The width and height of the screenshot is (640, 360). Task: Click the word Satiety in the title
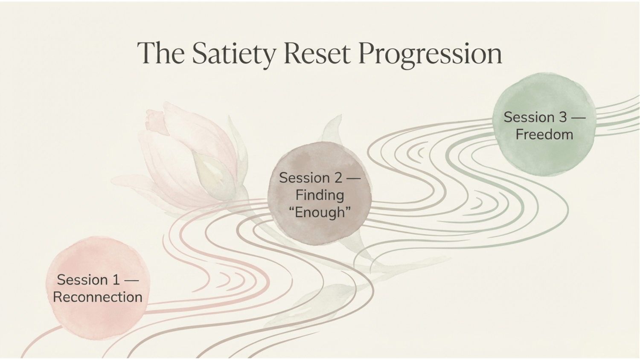[234, 54]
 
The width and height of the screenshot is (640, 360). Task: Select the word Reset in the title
[317, 53]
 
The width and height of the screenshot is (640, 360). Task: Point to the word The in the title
[161, 53]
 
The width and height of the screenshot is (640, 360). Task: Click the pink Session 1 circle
[98, 288]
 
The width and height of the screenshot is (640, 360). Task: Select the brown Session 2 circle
[320, 193]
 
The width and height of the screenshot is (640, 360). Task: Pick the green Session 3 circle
[544, 124]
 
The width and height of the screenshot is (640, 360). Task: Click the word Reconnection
[98, 297]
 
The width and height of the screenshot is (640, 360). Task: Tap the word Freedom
[544, 134]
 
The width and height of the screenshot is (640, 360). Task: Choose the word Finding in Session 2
[320, 195]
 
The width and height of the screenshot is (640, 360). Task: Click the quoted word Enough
[320, 212]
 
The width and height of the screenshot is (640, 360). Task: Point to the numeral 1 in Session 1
[116, 279]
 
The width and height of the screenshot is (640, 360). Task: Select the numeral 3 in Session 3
[563, 117]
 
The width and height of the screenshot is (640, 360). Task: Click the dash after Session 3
[579, 118]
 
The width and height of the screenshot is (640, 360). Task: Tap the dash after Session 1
[132, 280]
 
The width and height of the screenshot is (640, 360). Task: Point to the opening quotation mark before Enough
[291, 209]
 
